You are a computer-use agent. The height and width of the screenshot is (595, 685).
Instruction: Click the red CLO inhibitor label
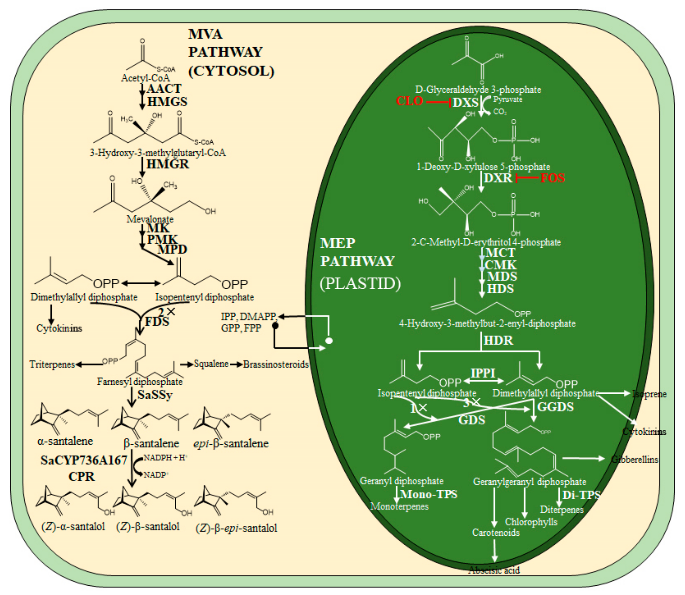(409, 101)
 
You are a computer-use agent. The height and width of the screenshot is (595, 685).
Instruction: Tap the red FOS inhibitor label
(552, 178)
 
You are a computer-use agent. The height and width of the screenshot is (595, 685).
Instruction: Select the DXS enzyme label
(465, 103)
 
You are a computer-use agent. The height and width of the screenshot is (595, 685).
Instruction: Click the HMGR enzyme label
(168, 164)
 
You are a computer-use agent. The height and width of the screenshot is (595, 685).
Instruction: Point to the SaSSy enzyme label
(155, 395)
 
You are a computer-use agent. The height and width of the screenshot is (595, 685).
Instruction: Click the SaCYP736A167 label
(84, 460)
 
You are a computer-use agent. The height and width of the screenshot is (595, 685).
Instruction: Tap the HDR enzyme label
(498, 340)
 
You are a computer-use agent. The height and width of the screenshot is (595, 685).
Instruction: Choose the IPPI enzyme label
(483, 373)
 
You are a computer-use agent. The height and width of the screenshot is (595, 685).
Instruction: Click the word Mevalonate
(150, 219)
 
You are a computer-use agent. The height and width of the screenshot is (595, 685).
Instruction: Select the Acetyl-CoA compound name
(145, 78)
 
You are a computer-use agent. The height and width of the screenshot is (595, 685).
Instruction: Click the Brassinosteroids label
(276, 364)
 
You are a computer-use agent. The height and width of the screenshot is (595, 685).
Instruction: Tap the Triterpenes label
(52, 364)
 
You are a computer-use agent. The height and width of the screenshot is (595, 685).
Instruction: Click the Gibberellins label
(634, 459)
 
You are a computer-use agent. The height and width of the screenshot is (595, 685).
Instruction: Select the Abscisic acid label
(494, 570)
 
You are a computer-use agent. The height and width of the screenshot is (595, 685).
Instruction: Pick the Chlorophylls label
(531, 522)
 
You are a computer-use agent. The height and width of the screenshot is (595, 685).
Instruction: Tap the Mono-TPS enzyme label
(429, 494)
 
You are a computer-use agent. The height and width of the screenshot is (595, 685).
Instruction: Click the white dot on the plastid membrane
(329, 341)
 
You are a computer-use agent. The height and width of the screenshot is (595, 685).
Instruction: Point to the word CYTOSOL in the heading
(231, 71)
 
